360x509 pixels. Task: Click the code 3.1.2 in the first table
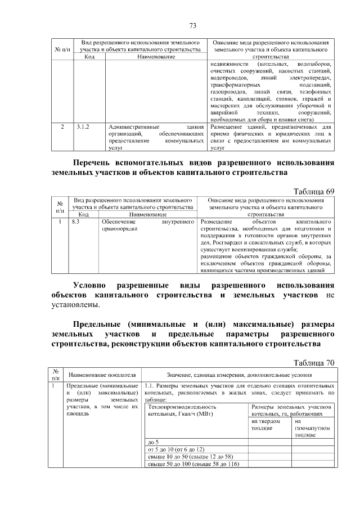[83, 127]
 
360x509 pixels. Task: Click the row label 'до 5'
[152, 442]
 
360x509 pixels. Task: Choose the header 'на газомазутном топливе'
[311, 428]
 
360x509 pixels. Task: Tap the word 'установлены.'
[76, 305]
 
